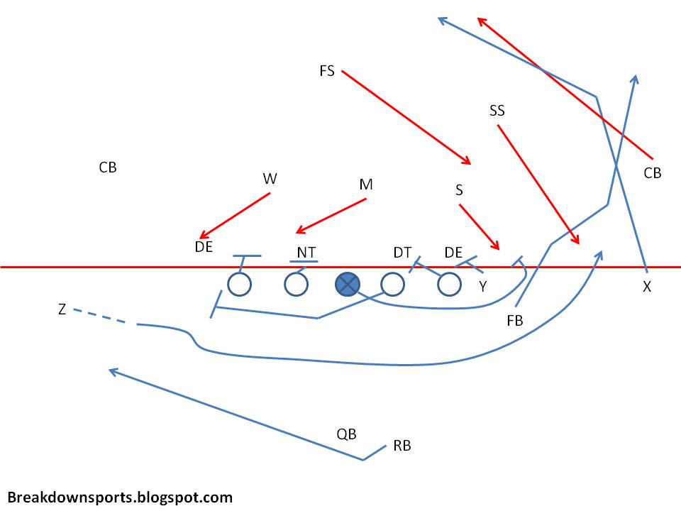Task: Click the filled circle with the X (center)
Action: click(x=346, y=285)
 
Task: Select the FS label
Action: click(x=327, y=71)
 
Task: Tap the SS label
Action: click(x=497, y=111)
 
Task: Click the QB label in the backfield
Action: click(x=346, y=434)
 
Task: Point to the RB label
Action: click(x=402, y=446)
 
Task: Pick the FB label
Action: click(x=515, y=321)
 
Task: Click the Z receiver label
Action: click(x=62, y=309)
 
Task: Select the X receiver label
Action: click(x=647, y=287)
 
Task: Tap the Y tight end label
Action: click(x=483, y=287)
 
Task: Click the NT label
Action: click(x=306, y=252)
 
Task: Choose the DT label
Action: click(x=402, y=252)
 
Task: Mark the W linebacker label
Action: click(x=270, y=179)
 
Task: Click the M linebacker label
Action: click(x=366, y=185)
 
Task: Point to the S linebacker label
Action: click(x=459, y=190)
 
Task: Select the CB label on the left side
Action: click(x=108, y=167)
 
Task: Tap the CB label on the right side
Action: click(x=653, y=172)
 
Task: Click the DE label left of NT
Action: click(x=204, y=247)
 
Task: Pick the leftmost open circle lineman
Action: click(x=240, y=285)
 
